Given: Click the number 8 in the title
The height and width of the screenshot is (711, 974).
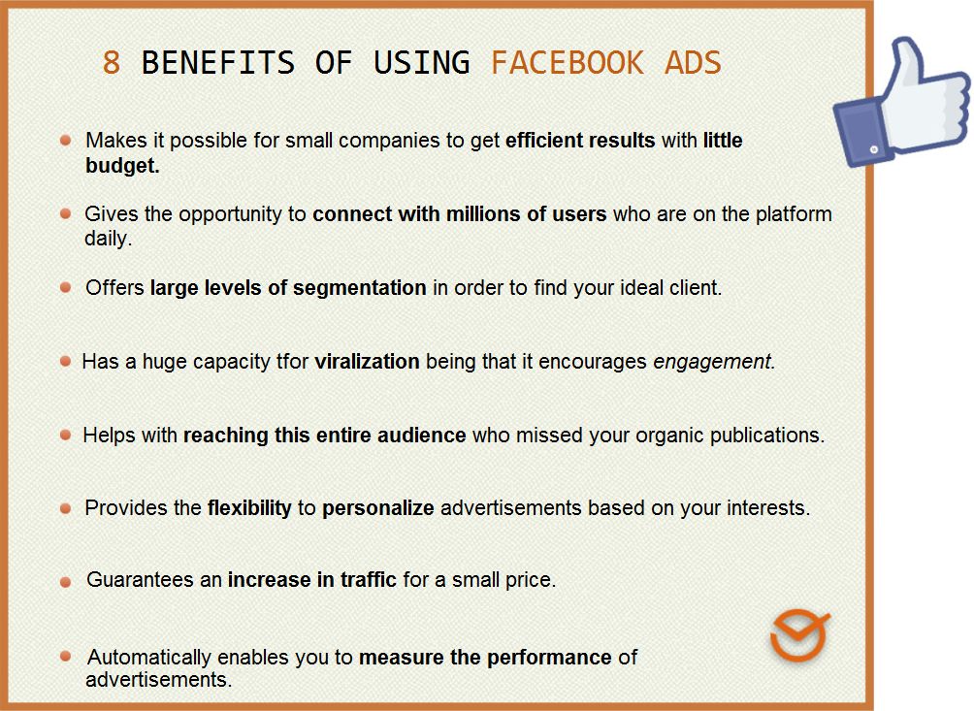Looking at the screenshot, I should tap(112, 63).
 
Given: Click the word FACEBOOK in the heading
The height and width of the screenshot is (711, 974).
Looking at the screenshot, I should tap(567, 63).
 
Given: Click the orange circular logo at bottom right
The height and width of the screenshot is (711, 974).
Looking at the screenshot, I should tap(799, 636).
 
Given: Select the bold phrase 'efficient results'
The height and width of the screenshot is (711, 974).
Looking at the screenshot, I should tap(580, 141).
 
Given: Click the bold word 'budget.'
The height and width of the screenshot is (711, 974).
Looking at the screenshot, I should tap(122, 165).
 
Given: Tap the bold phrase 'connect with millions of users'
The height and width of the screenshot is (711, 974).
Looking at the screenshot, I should tap(459, 214).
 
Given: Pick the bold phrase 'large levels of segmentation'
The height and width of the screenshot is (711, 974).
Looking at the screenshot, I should tap(288, 288).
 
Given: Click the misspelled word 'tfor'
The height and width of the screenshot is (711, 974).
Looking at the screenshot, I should tap(292, 362).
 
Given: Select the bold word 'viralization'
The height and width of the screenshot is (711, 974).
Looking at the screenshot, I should tap(367, 362).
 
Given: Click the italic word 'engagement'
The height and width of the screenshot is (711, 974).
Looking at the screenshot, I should tap(713, 362).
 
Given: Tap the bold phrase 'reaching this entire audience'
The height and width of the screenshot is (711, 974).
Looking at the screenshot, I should tap(325, 436).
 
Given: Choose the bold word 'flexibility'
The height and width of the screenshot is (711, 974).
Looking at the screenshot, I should tap(249, 508).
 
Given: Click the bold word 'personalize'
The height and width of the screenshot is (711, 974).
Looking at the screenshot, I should tap(378, 508).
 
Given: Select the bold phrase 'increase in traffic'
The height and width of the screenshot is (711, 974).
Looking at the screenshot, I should tap(312, 580).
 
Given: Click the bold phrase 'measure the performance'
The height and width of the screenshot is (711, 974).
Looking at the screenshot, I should tap(485, 658).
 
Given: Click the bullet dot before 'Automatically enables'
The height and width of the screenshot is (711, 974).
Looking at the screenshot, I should tap(65, 657).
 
